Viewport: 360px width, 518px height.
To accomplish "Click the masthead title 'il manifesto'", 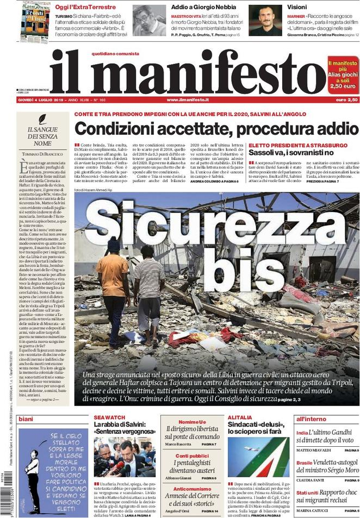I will tap(188, 72).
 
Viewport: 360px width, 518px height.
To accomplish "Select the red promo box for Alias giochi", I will tap(343, 74).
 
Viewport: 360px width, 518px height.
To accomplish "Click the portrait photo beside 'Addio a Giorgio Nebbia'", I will tap(149, 21).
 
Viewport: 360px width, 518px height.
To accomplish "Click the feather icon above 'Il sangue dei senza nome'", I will tap(42, 119).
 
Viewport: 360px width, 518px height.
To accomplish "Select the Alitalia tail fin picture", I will tap(259, 457).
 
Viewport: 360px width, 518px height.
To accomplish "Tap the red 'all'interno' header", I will tap(312, 419).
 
